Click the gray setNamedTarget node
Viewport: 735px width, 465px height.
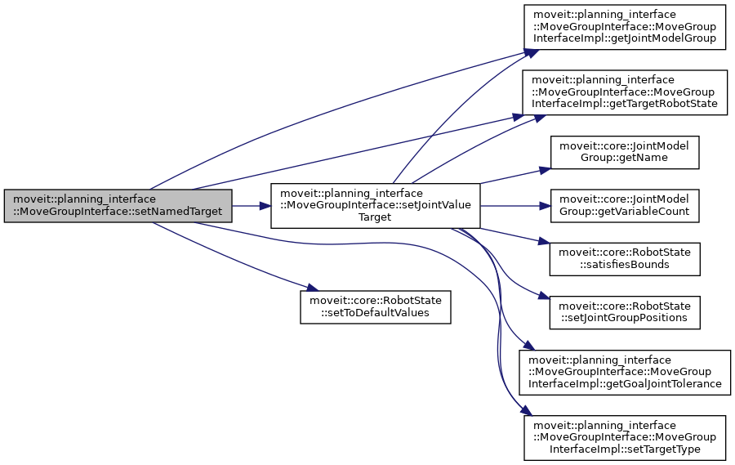[118, 205]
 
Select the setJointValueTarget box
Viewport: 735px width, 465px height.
[375, 205]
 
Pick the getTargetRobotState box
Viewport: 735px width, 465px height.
[625, 92]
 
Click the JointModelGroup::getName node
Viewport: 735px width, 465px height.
[625, 152]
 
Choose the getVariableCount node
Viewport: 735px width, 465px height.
[625, 205]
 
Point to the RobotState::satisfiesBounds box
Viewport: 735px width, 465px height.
[625, 258]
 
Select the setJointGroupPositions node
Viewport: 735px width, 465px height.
[625, 311]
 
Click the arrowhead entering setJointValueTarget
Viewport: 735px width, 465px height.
[265, 205]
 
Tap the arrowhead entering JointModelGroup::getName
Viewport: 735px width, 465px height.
[544, 169]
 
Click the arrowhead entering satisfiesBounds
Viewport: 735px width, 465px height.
[544, 242]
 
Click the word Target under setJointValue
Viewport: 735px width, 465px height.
[375, 217]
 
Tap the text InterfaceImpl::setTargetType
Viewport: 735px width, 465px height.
[626, 448]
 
